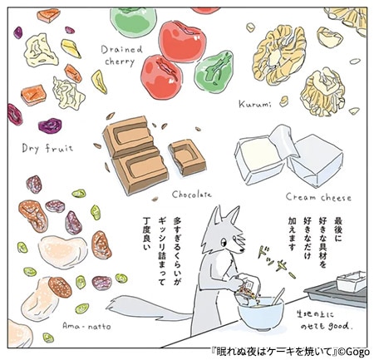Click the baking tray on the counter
[x=337, y=288]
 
